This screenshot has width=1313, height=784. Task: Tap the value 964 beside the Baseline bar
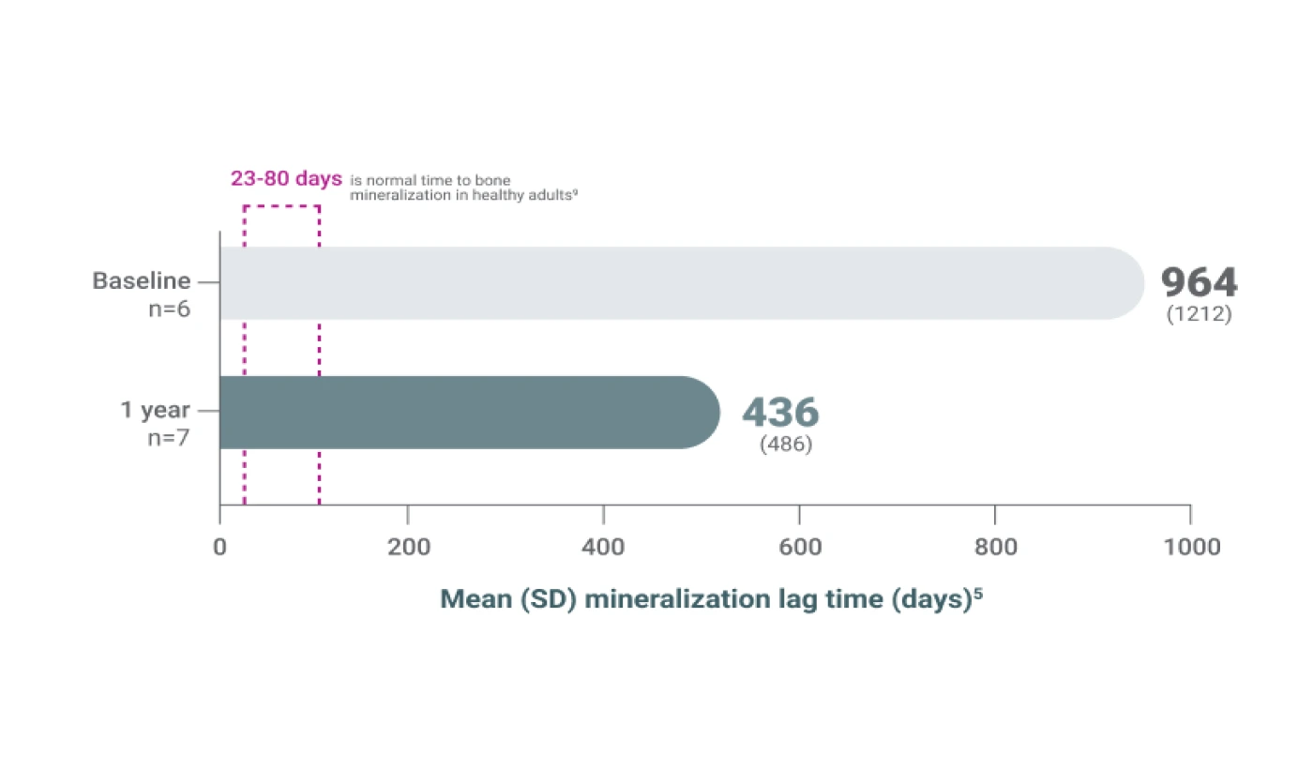[x=1199, y=282]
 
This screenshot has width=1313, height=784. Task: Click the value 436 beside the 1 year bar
[x=780, y=412]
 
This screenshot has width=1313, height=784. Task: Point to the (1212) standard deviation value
[x=1199, y=315]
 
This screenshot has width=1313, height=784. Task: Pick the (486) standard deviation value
[x=786, y=445]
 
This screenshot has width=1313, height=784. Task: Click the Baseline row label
[x=141, y=280]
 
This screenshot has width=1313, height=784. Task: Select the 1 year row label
[x=155, y=410]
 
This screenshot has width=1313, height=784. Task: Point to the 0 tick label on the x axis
[x=219, y=547]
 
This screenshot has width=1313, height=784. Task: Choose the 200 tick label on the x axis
[x=408, y=547]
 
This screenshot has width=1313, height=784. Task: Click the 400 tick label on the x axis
[x=604, y=547]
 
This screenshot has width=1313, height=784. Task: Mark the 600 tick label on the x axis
[x=799, y=547]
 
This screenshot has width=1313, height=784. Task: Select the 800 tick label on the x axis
[x=994, y=547]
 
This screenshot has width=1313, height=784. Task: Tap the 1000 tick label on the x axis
[x=1190, y=547]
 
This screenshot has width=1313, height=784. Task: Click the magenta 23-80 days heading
[x=286, y=178]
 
